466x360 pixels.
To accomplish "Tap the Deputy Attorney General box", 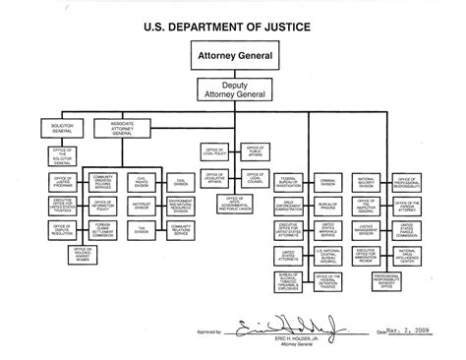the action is [x=233, y=90].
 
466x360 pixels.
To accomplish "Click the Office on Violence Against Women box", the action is [x=85, y=253].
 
